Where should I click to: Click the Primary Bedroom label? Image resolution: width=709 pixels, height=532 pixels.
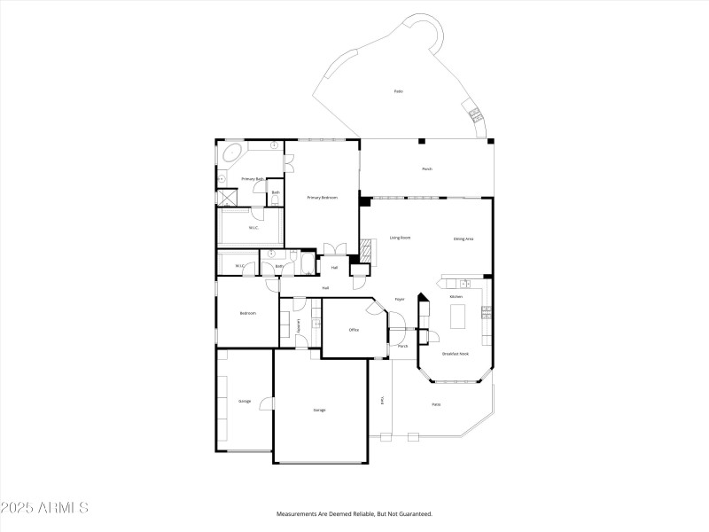tap(323, 197)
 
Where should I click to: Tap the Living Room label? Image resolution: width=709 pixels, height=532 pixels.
tap(400, 238)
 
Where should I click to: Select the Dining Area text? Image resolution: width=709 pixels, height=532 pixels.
tap(464, 238)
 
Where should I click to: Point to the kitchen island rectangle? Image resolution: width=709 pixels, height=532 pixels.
tap(458, 317)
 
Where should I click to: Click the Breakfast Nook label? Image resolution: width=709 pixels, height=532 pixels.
tap(456, 354)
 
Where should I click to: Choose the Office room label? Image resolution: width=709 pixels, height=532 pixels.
tap(353, 330)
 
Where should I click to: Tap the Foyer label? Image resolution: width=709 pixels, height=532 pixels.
tap(400, 299)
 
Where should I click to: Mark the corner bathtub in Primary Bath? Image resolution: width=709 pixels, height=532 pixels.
tap(233, 155)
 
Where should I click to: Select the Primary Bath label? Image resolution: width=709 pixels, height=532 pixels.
tap(253, 179)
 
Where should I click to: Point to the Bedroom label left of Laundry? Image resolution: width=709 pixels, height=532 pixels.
tap(248, 313)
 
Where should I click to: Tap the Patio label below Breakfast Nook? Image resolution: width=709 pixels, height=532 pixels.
tap(436, 405)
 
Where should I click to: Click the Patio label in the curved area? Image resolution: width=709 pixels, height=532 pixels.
tap(399, 91)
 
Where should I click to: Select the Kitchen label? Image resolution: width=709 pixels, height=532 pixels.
tap(456, 296)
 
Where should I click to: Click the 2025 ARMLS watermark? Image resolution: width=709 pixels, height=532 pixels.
tap(44, 509)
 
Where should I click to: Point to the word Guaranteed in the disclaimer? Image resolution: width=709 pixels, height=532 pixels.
tap(413, 514)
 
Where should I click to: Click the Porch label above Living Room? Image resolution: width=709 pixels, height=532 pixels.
tap(426, 168)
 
